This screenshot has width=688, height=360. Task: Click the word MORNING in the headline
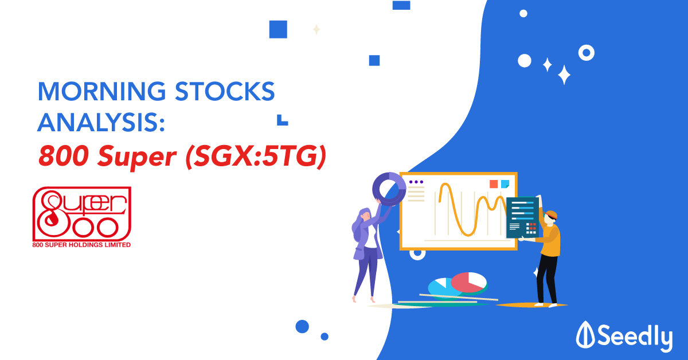point(101,91)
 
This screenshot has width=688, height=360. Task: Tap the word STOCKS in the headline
point(225,91)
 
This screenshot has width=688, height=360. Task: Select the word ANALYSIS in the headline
point(98,122)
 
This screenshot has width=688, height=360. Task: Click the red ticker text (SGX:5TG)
point(256,156)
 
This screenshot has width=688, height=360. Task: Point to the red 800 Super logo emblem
point(82,214)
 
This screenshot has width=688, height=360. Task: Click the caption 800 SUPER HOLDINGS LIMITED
point(81,245)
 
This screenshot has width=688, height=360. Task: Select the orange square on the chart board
point(494,184)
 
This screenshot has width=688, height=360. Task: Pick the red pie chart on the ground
point(468,282)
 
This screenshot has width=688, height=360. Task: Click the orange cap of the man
point(552,214)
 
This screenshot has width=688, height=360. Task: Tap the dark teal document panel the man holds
point(522,217)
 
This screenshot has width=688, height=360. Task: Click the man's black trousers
point(547,279)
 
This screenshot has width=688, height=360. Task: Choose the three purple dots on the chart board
point(416,182)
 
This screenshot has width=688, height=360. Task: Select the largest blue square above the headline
point(278,29)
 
